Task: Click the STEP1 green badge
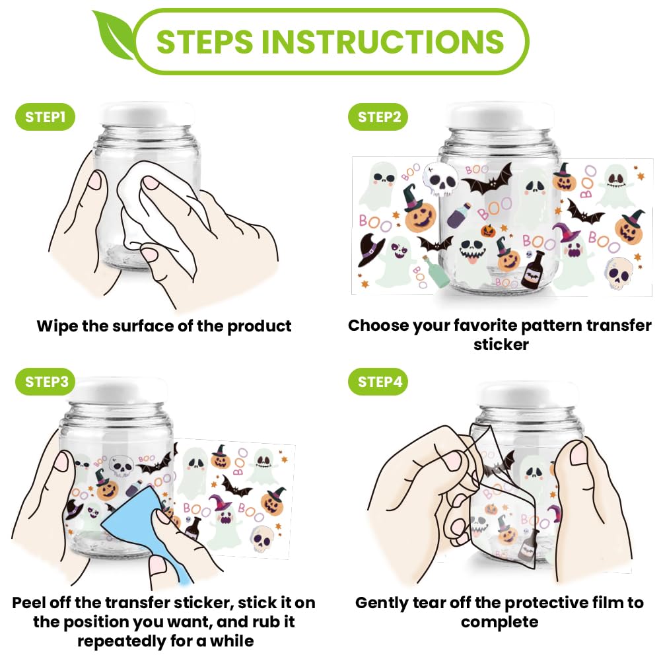(45, 117)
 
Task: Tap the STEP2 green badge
(378, 117)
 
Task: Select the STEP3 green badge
(45, 382)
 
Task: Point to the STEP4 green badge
(378, 382)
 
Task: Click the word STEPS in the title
(205, 42)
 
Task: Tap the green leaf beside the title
(114, 36)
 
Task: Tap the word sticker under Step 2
(501, 345)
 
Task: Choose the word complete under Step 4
(499, 622)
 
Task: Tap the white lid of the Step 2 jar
(500, 114)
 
